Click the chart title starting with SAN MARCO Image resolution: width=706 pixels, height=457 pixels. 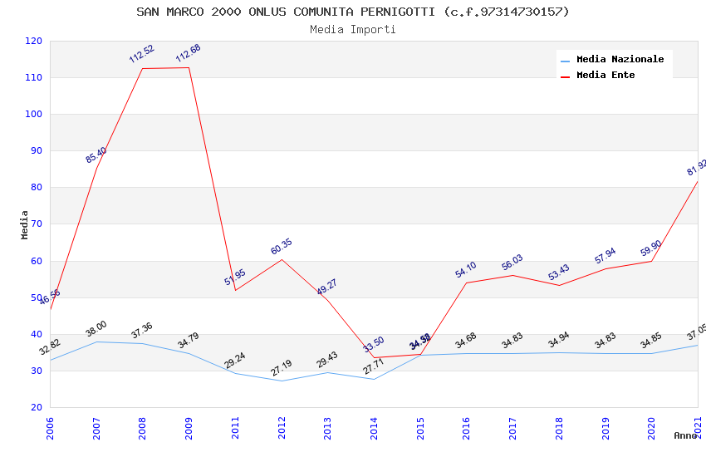pos(353,12)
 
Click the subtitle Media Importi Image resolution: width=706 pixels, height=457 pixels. pos(353,29)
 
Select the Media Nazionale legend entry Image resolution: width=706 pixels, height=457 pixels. pos(620,59)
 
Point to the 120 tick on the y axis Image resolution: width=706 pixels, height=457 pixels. pos(34,41)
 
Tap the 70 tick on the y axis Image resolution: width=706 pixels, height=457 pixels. pos(37,224)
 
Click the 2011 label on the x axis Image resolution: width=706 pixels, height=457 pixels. pos(235,427)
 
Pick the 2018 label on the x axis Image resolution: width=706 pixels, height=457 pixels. pos(559,427)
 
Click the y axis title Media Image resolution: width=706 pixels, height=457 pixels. pos(25,224)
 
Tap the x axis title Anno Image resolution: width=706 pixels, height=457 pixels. pos(685,435)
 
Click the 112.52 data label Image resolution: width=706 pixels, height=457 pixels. pos(141,54)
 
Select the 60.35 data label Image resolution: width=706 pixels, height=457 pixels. pos(282,247)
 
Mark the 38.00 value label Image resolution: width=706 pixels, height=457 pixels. pos(96,329)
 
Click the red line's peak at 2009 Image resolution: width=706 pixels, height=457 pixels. pos(189,67)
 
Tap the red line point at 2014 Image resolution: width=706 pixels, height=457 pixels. pos(375,357)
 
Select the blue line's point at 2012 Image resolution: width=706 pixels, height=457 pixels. pos(282,381)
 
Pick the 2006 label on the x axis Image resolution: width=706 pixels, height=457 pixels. pos(50,427)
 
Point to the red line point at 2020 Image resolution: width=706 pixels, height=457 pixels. pos(651,261)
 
